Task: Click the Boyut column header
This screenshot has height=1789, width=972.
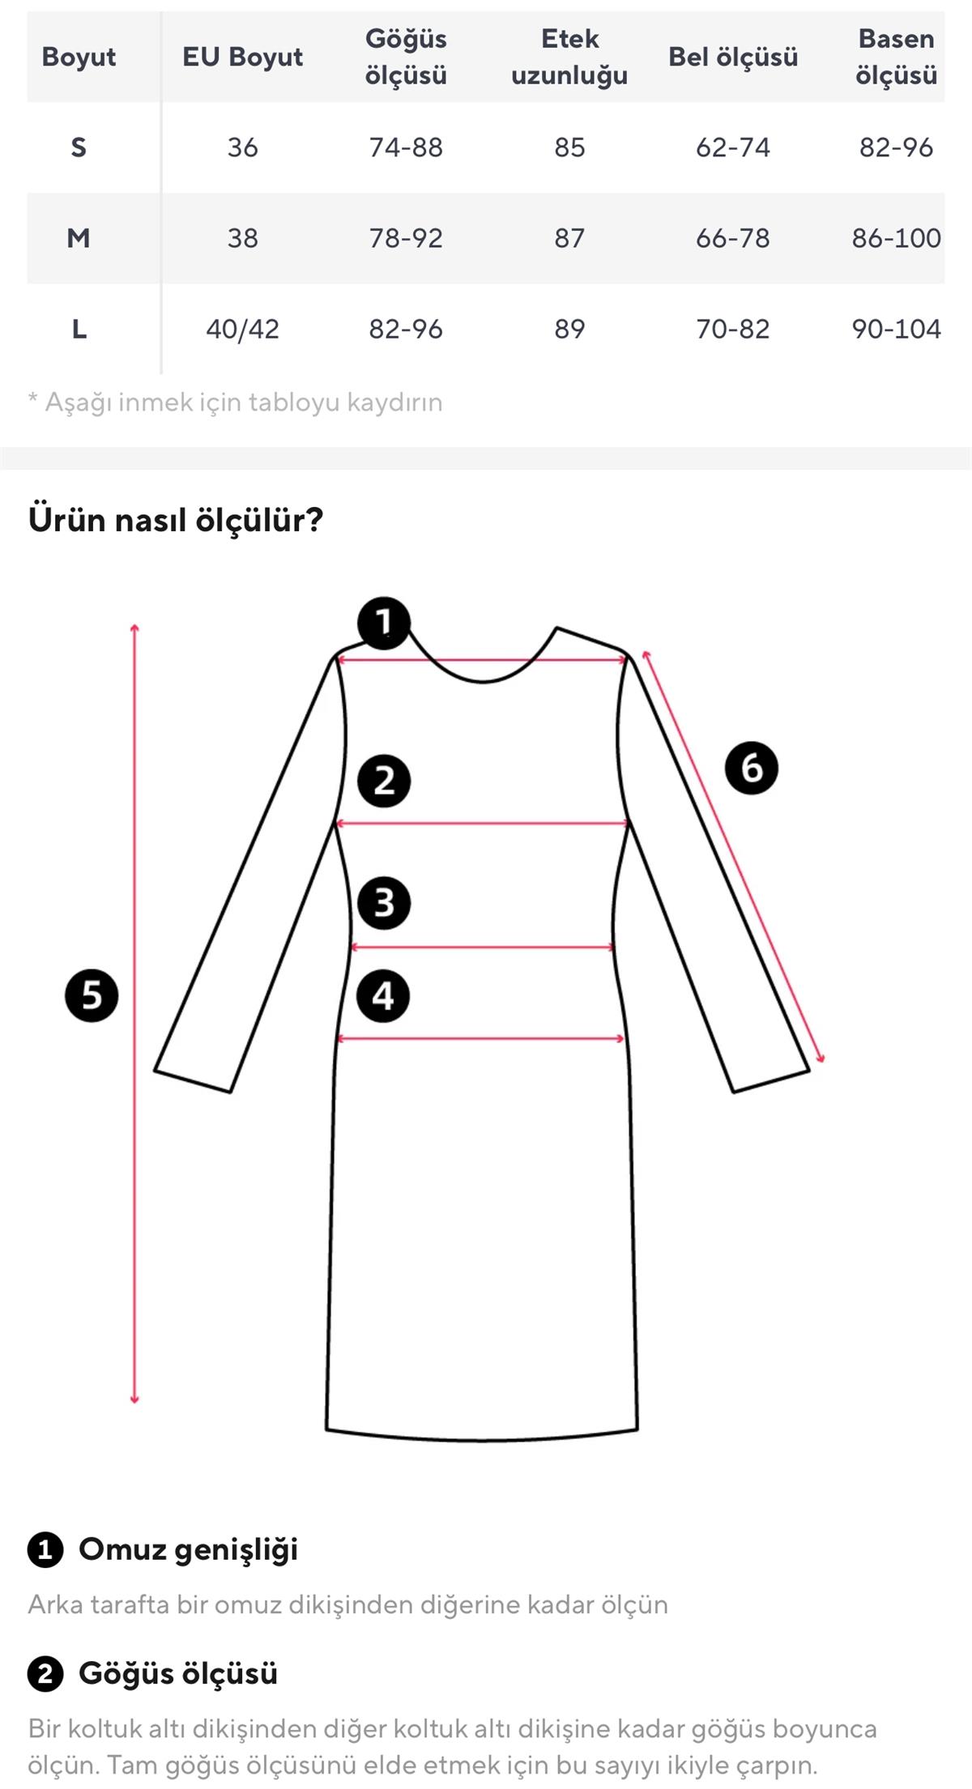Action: [x=79, y=57]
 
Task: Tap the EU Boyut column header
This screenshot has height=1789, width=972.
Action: [x=242, y=57]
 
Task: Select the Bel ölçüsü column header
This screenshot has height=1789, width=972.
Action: [x=733, y=57]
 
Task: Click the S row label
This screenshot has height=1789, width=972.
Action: [x=79, y=147]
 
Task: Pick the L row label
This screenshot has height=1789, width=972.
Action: [x=79, y=329]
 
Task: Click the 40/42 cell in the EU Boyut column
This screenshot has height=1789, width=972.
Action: [x=242, y=329]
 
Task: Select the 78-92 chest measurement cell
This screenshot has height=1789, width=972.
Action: [x=406, y=238]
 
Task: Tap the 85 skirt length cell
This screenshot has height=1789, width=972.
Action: [x=569, y=147]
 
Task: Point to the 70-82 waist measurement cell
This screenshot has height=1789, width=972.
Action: [x=733, y=329]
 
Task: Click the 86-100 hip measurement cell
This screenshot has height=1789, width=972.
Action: [x=896, y=238]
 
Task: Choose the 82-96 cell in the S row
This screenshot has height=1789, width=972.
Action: [x=896, y=147]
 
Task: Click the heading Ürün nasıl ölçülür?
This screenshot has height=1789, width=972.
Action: [x=176, y=519]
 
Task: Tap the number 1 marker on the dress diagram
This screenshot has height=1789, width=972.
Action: [x=384, y=623]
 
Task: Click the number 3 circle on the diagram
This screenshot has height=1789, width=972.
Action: [x=384, y=902]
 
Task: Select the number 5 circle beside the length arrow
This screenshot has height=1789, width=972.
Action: [x=92, y=995]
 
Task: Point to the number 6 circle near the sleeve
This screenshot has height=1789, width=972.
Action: [x=751, y=767]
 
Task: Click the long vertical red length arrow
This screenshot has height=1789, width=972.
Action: [x=134, y=1012]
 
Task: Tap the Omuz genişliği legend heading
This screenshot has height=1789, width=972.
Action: [x=188, y=1549]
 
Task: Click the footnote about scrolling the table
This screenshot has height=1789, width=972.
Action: [x=236, y=402]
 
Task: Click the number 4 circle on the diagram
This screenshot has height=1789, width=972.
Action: [x=383, y=995]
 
